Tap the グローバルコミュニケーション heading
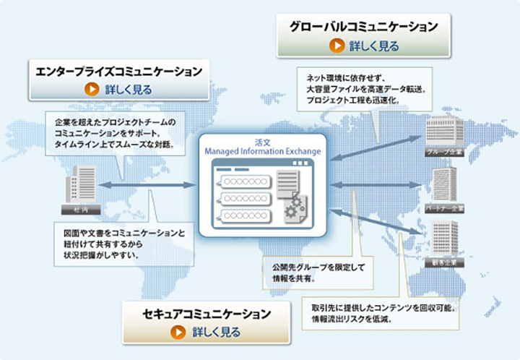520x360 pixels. pyautogui.click(x=364, y=27)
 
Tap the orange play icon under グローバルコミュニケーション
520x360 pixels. pyautogui.click(x=337, y=46)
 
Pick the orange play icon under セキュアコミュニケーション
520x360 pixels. pyautogui.click(x=177, y=333)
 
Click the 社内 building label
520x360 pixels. pyautogui.click(x=80, y=209)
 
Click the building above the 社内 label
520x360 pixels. pyautogui.click(x=79, y=184)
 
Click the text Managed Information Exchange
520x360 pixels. pyautogui.click(x=263, y=152)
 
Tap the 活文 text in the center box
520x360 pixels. pyautogui.click(x=262, y=142)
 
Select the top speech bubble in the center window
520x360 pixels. pyautogui.click(x=242, y=179)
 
